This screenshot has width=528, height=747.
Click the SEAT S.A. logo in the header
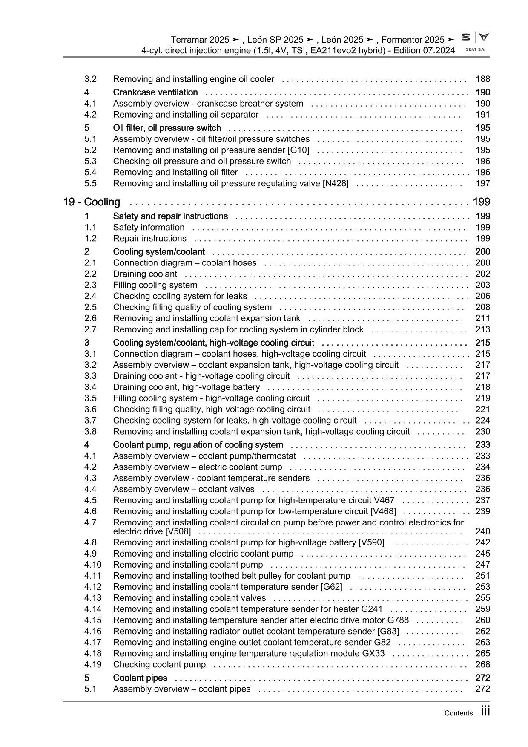pyautogui.click(x=475, y=42)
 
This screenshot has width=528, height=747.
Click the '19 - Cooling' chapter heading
pyautogui.click(x=92, y=202)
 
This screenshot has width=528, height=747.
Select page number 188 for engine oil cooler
pyautogui.click(x=482, y=79)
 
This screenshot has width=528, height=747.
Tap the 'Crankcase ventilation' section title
pyautogui.click(x=155, y=92)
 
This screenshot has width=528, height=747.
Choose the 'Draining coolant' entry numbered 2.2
pyautogui.click(x=145, y=274)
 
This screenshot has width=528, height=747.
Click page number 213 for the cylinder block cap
pyautogui.click(x=482, y=329)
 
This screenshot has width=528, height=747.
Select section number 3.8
pyautogui.click(x=90, y=432)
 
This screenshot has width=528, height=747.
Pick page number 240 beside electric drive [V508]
pyautogui.click(x=482, y=531)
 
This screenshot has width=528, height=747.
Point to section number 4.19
pyautogui.click(x=93, y=665)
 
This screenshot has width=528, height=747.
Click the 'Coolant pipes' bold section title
pyautogui.click(x=140, y=678)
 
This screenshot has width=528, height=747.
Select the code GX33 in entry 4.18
pyautogui.click(x=373, y=654)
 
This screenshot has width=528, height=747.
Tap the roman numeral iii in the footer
pyautogui.click(x=485, y=711)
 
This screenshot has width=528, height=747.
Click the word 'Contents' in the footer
pyautogui.click(x=458, y=713)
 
